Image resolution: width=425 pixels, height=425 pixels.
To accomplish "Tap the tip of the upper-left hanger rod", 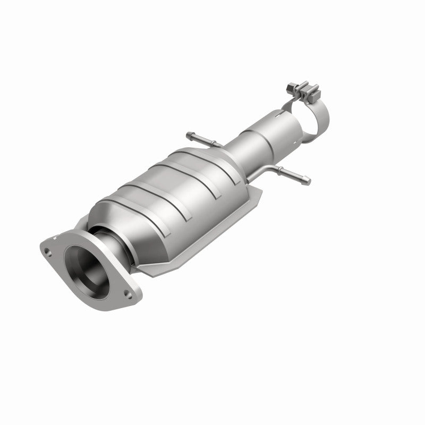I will tap(189, 133).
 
